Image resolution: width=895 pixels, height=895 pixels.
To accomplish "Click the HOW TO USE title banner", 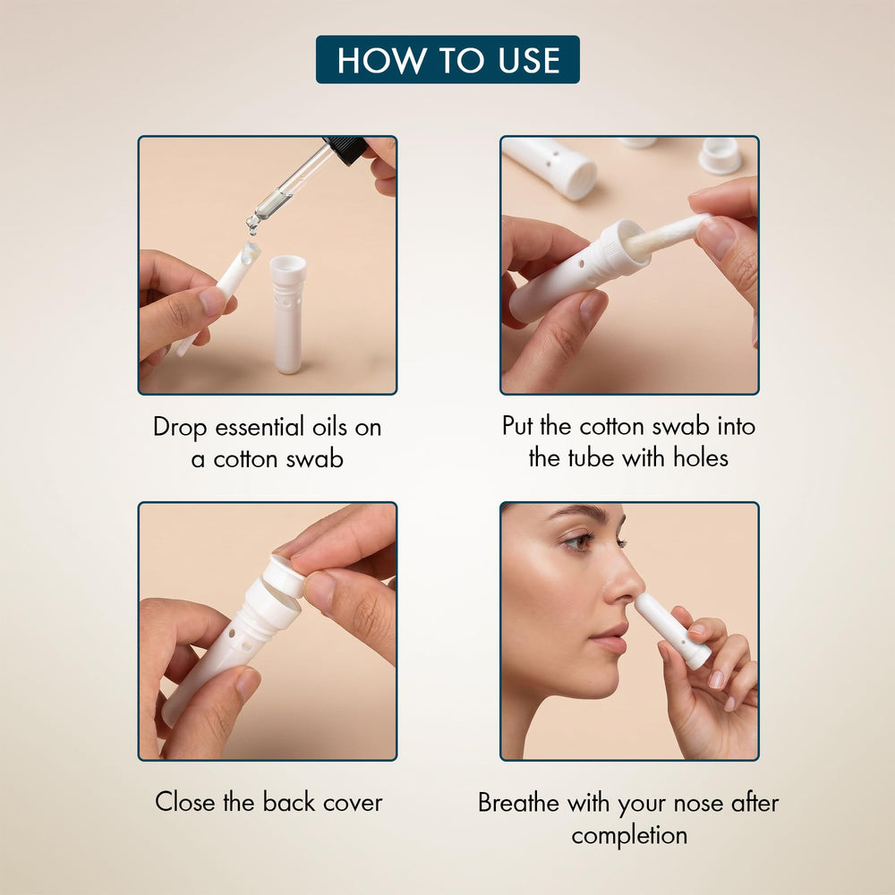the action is click(x=447, y=59).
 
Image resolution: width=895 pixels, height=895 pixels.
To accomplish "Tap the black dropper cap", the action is click(x=345, y=150).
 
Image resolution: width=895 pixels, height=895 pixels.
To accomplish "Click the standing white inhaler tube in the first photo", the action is click(x=287, y=314).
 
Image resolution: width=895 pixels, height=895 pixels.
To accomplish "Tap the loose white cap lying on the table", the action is click(x=720, y=155).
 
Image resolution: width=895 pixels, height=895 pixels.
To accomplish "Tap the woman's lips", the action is click(x=609, y=638).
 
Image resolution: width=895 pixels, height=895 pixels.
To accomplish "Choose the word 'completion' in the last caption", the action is click(x=629, y=836).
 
